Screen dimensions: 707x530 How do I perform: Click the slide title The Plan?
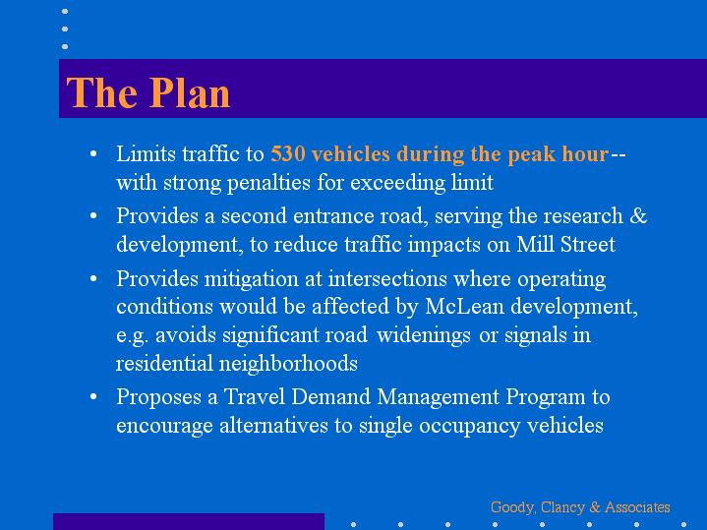[148, 92]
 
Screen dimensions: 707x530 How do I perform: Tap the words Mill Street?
[565, 245]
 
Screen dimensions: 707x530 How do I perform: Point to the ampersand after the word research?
[638, 215]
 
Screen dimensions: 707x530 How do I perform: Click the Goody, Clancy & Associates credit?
[580, 507]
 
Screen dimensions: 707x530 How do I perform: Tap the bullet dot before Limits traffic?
[93, 154]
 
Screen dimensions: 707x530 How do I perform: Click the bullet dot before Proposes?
[93, 397]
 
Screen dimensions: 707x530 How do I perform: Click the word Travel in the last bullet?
[255, 397]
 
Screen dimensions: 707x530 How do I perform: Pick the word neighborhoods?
[288, 364]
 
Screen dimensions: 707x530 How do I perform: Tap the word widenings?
[424, 335]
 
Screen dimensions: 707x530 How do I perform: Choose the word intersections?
[387, 278]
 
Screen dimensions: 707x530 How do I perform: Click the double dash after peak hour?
[619, 154]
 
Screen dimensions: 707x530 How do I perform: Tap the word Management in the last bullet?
[439, 397]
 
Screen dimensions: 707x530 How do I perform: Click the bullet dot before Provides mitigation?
[93, 278]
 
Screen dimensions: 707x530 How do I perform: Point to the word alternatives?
[273, 426]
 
